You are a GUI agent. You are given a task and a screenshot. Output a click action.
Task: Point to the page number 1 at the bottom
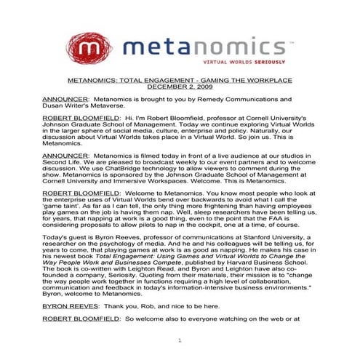[x=180, y=340]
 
